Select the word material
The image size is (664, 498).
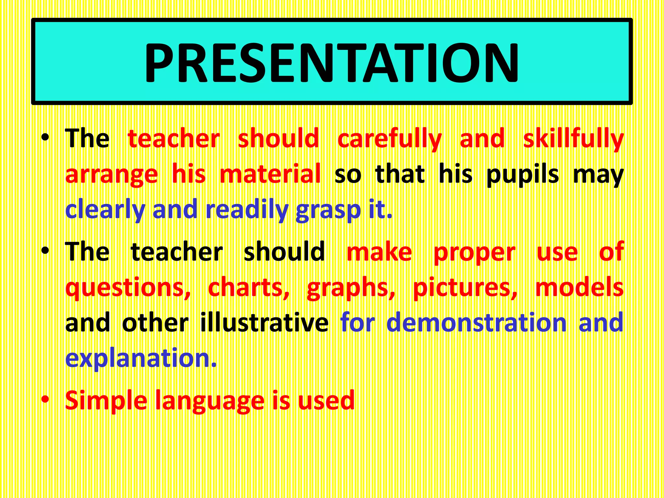point(270,174)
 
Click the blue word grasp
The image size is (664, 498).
point(328,210)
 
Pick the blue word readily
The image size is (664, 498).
point(247,210)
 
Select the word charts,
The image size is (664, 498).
point(249,288)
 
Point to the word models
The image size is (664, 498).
point(579,288)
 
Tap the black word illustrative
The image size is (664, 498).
point(264,323)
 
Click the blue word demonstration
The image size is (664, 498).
point(476,323)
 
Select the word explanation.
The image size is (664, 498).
point(141,358)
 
